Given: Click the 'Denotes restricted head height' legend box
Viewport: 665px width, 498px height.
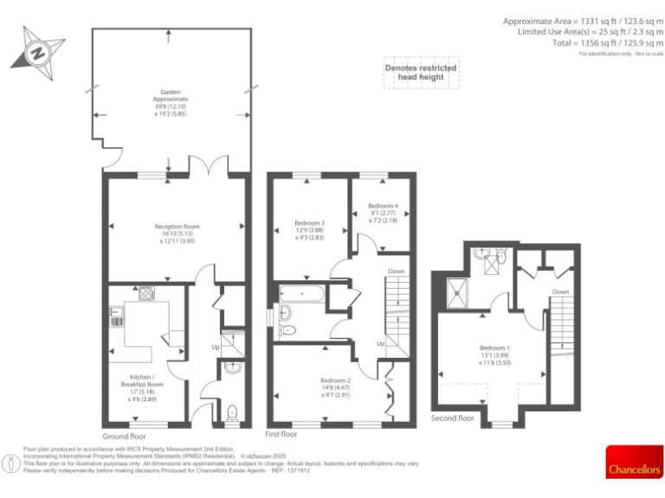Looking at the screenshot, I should coord(422,73).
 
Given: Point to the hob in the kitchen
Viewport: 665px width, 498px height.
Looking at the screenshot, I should coord(145,293).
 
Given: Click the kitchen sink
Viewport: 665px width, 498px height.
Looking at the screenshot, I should coord(115,316).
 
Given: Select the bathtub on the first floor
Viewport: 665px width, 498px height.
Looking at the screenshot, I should coord(300,294).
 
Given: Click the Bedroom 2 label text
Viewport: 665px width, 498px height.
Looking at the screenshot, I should coord(335,380).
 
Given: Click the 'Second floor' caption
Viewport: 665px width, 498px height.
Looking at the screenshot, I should coord(453,418).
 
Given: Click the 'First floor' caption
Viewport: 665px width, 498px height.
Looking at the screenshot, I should coord(281,434).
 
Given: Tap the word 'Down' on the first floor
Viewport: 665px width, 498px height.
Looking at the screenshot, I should coord(396,271).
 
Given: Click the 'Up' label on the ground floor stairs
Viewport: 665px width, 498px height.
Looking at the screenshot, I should coord(216,348).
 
